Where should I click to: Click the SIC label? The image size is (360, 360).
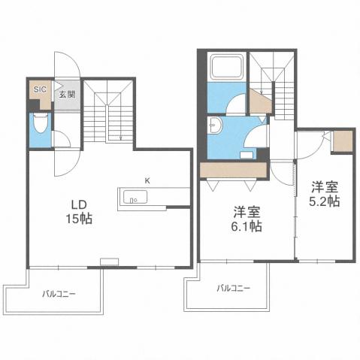(x=40, y=89)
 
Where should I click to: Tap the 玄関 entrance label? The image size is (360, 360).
(x=66, y=95)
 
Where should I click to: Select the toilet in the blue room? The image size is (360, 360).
(x=40, y=125)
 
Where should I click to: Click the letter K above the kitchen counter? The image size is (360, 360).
(x=147, y=180)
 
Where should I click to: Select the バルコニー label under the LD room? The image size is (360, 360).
(x=59, y=294)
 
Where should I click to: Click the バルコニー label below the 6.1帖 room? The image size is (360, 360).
(x=233, y=288)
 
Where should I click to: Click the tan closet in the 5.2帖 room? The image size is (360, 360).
(x=341, y=141)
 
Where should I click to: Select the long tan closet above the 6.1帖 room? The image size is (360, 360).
(x=233, y=170)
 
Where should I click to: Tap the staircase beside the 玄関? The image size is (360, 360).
(x=108, y=113)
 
